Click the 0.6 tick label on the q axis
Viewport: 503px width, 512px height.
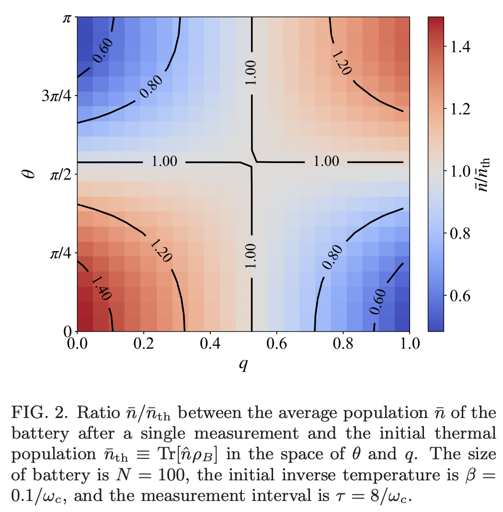tap(276, 344)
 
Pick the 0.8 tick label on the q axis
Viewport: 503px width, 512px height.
tap(343, 344)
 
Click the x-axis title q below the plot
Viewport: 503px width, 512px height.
tap(243, 365)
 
